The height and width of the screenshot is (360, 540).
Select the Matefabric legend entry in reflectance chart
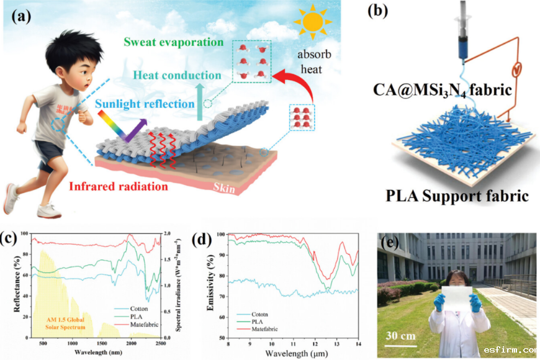click(x=146, y=324)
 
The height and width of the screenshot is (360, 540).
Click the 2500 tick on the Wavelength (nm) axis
click(x=160, y=343)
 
